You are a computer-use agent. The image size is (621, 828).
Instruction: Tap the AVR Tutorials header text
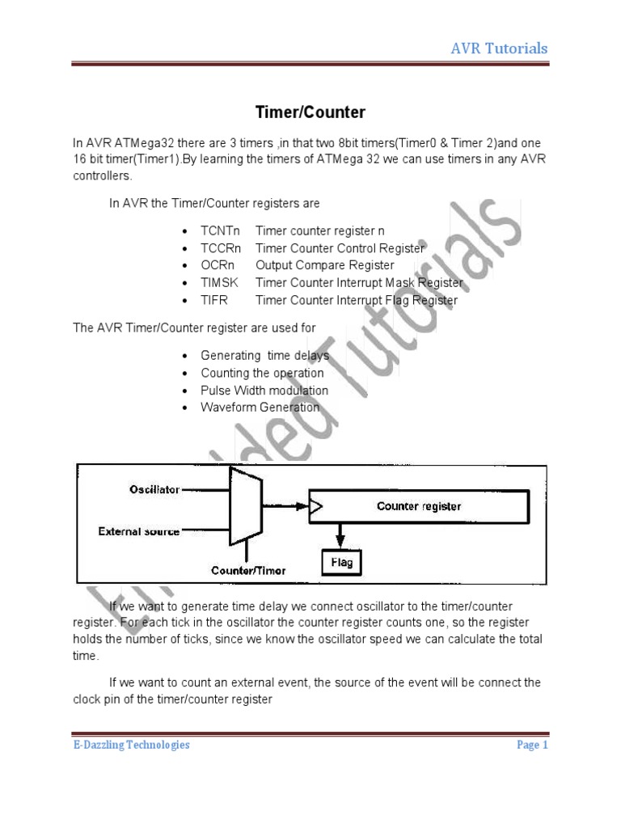click(499, 49)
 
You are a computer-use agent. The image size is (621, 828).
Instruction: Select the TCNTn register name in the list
click(222, 230)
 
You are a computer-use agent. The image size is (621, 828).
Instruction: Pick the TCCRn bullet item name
click(222, 248)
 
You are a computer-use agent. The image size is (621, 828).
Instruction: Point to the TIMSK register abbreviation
click(220, 283)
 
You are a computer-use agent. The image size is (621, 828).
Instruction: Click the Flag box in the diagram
click(342, 562)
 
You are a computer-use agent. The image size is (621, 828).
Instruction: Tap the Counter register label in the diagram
click(419, 507)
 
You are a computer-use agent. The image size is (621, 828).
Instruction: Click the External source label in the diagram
click(139, 531)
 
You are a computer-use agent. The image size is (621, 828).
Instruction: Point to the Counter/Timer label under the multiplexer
click(248, 570)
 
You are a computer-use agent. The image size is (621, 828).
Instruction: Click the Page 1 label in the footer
click(532, 745)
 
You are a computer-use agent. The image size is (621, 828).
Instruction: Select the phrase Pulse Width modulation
click(264, 391)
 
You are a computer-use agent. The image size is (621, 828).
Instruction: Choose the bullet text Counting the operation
click(262, 373)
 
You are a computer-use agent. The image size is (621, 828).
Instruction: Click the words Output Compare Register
click(314, 265)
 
